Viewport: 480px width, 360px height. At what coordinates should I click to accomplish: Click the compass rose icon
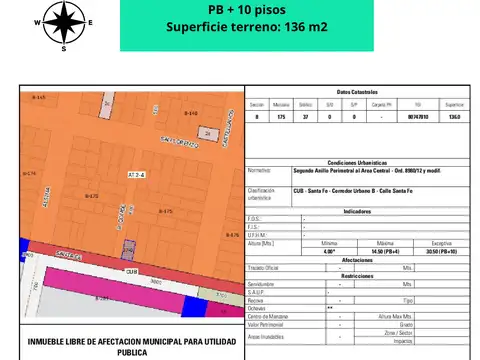point(64,22)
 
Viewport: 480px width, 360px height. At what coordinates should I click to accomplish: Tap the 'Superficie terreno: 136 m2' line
point(245,27)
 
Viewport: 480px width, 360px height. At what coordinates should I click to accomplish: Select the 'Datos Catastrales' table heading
point(357,91)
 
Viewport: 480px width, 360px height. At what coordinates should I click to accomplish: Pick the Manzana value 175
point(282,117)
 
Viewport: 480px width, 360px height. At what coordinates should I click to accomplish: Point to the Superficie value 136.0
point(455,117)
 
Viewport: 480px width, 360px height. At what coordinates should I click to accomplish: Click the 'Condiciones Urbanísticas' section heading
point(357,160)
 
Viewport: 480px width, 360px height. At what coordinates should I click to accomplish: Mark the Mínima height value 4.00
point(330,251)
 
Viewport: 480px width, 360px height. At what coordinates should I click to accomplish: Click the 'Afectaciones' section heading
point(357,260)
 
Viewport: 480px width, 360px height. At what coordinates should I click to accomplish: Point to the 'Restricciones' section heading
point(357,276)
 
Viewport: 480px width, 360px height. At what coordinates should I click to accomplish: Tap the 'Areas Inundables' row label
point(265,336)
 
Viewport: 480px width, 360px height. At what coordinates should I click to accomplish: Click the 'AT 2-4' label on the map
point(136,174)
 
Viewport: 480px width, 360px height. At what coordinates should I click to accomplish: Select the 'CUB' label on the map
point(131,270)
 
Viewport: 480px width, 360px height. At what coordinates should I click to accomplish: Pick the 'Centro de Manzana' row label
point(268,316)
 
